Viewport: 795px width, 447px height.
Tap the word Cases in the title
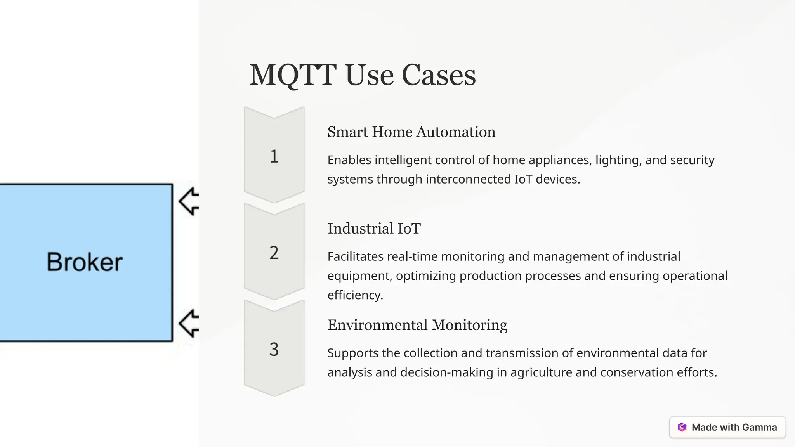438,75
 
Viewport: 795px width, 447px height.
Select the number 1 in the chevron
274,156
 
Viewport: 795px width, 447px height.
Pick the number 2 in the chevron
274,253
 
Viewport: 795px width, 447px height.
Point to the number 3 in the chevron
274,350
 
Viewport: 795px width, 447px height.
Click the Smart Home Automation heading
411,132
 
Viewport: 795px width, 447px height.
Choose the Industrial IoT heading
374,229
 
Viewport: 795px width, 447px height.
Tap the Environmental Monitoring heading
417,325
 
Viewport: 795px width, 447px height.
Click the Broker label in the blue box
85,262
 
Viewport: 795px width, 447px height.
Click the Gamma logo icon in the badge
682,427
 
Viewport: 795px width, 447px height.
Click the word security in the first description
692,160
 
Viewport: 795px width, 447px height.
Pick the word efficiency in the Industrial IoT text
355,295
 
